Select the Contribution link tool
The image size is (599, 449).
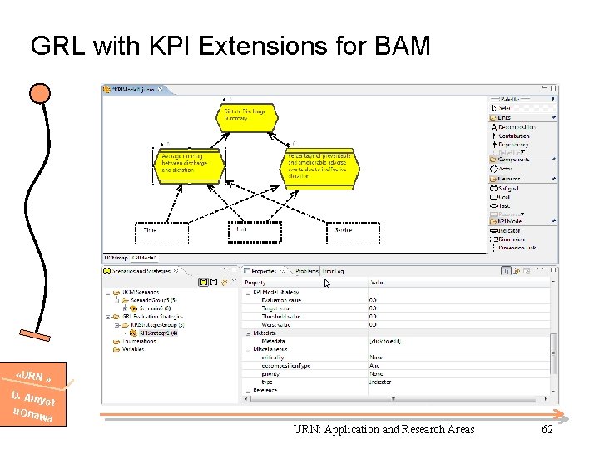click(513, 136)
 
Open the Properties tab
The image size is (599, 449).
click(264, 270)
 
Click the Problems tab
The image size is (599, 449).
click(307, 270)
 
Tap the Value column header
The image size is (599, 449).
click(378, 283)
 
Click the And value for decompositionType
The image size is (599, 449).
click(375, 365)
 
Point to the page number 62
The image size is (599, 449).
click(547, 429)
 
